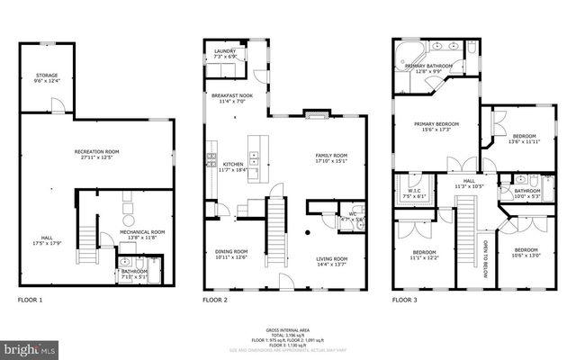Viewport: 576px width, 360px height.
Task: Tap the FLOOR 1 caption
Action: coord(30,299)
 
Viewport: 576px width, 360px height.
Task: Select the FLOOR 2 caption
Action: coord(215,299)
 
